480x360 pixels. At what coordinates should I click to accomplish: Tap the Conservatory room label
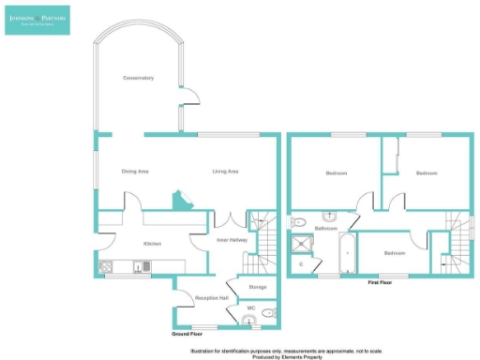[x=138, y=78]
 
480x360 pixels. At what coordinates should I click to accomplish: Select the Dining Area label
[x=136, y=172]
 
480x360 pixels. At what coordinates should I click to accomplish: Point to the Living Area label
[x=225, y=172]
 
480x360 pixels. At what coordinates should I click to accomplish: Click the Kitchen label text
[x=153, y=243]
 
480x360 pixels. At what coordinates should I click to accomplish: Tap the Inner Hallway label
[x=231, y=240]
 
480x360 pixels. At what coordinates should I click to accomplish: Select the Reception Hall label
[x=206, y=298]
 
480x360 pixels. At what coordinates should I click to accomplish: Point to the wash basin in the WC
[x=247, y=322]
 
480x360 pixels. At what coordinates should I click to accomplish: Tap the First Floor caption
[x=379, y=281]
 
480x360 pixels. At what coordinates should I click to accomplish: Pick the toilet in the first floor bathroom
[x=298, y=222]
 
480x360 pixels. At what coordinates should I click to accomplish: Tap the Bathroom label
[x=325, y=228]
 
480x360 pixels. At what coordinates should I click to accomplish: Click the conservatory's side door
[x=187, y=97]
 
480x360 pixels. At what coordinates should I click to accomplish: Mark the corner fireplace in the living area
[x=178, y=202]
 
